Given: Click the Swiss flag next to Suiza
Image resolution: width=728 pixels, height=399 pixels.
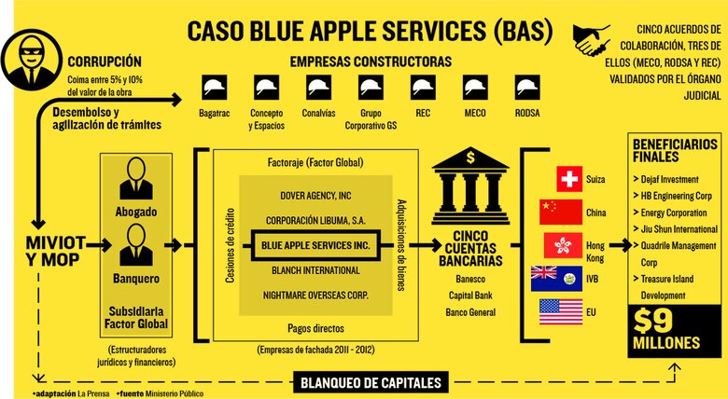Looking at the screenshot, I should coord(568,178).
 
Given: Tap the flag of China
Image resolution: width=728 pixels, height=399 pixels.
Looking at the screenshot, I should coord(560,212).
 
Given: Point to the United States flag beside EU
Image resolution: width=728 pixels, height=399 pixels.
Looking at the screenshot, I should coord(559,310).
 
